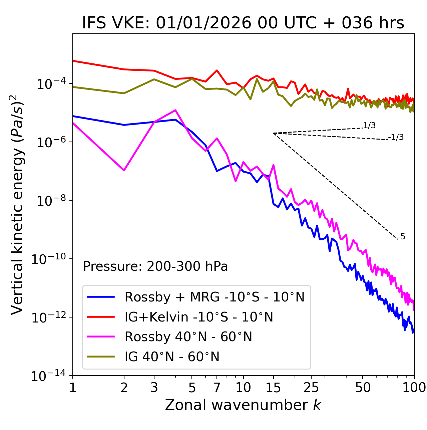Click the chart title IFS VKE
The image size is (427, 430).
[x=243, y=23]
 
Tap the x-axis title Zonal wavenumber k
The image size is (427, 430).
[x=243, y=405]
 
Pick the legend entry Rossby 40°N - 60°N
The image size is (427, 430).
[x=188, y=337]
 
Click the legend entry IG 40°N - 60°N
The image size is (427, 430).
[x=172, y=357]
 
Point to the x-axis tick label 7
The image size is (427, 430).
[x=217, y=388]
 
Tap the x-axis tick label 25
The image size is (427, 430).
[x=311, y=388]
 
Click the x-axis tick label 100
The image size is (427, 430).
[x=414, y=388]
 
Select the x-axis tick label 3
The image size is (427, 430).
[x=154, y=388]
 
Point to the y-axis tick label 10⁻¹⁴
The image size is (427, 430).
[x=48, y=376]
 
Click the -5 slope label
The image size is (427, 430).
[x=402, y=237]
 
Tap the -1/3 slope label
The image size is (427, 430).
[x=396, y=137]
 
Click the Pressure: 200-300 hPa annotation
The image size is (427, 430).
[x=155, y=266]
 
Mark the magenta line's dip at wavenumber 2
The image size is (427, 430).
[x=124, y=170]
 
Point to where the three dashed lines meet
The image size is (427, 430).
[x=274, y=133]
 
